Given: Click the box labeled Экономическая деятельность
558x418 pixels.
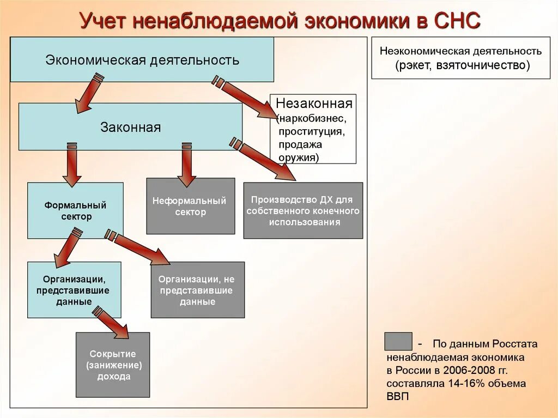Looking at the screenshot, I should pos(142,59).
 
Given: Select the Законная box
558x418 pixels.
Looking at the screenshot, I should pos(130,127).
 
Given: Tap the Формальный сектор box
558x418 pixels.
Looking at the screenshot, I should pos(75,210).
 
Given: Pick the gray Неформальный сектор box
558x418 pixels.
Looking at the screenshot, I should pos(190,206).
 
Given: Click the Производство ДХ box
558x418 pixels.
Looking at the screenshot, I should pos(303,210).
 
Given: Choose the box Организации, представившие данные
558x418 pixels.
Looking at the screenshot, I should pos(74,289).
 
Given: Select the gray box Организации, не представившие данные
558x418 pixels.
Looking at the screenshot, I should pos(197,289).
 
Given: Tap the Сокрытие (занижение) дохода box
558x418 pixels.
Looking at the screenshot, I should pos(112,365).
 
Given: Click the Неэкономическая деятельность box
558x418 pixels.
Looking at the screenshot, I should pos(460,58).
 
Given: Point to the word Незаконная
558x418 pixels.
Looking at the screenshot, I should pos(314,103).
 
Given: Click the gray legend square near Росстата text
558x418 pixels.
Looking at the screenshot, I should pos(398,341).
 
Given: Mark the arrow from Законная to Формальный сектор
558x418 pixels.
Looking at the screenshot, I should pos(71,163).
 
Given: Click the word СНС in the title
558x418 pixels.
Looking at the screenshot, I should pos(457,21).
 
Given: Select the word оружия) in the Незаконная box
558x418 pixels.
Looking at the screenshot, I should pos(299,157).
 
